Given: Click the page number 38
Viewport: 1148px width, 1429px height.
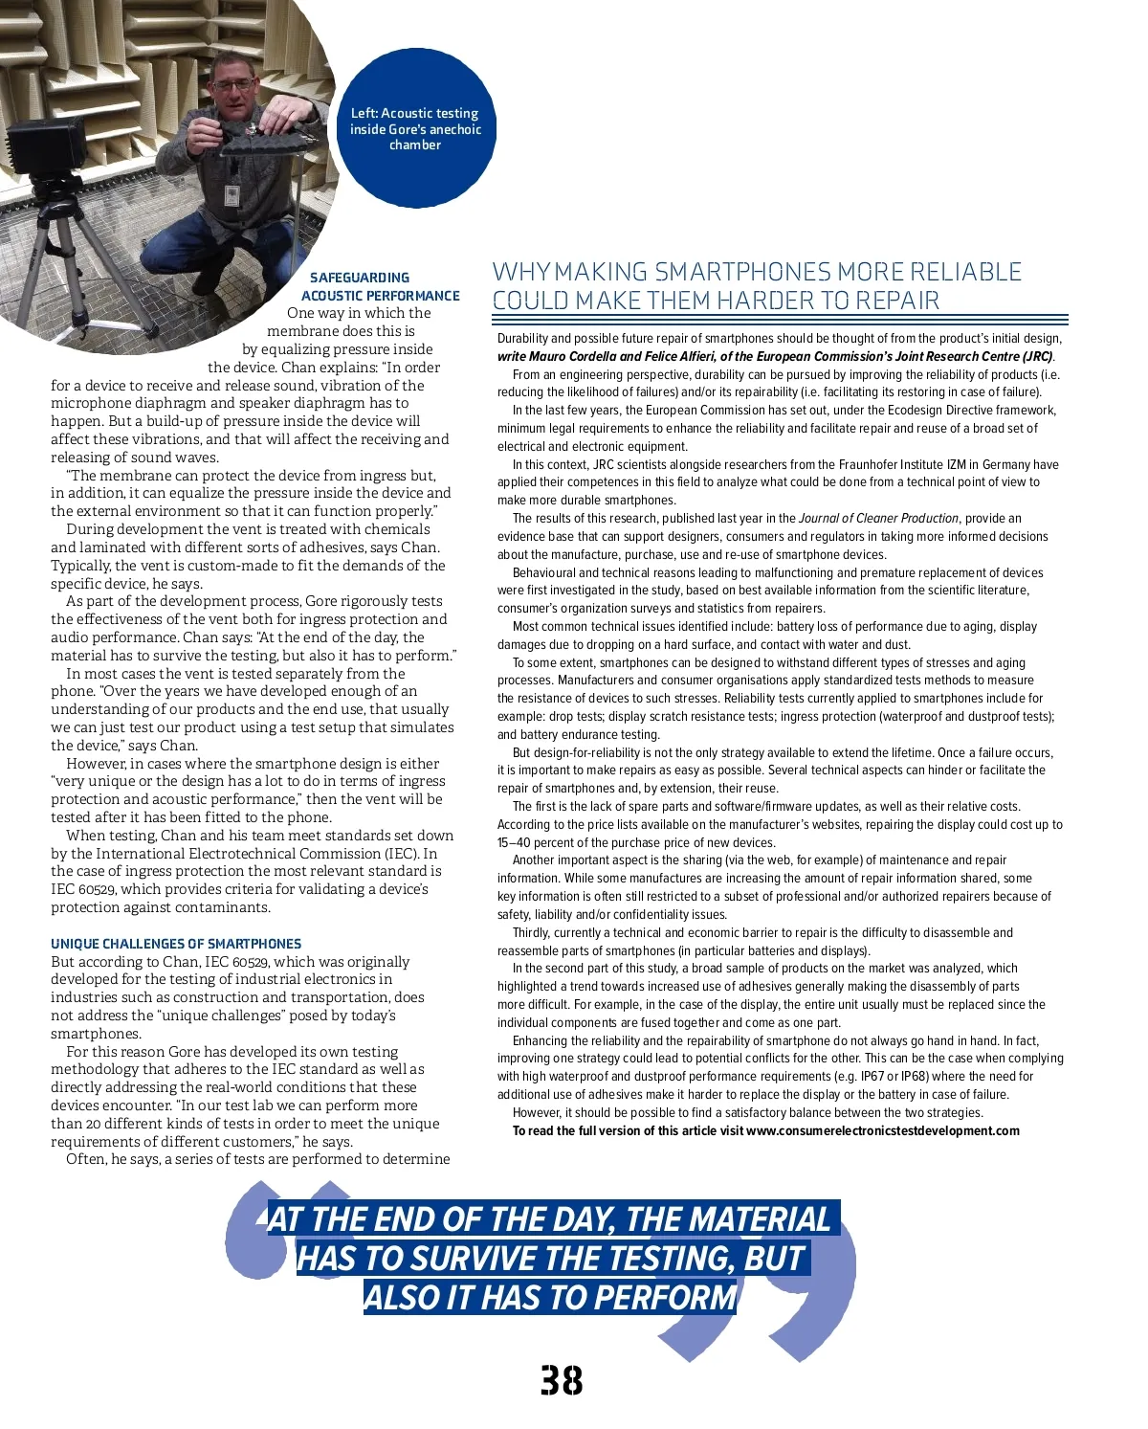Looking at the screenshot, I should [562, 1381].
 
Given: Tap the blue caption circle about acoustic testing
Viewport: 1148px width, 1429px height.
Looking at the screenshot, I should [415, 129].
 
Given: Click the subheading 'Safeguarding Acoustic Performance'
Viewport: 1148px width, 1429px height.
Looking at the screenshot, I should [380, 286].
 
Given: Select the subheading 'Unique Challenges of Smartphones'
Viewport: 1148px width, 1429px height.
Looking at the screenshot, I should [176, 944].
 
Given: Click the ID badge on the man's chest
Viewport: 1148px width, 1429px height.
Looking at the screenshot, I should [232, 196].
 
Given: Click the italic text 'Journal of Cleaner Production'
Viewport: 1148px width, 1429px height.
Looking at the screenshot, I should [878, 519].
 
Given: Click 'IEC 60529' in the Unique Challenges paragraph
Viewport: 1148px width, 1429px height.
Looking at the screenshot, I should [236, 962].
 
